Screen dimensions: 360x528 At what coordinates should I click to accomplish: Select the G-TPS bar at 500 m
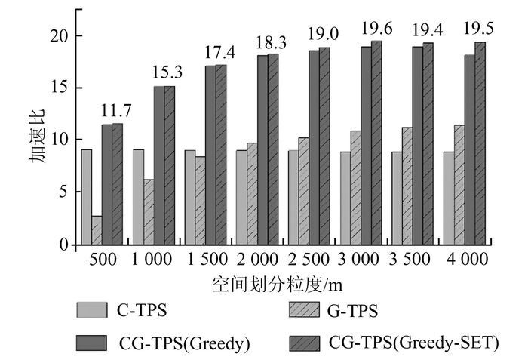pyautogui.click(x=97, y=230)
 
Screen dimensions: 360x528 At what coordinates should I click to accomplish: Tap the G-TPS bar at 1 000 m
pyautogui.click(x=149, y=212)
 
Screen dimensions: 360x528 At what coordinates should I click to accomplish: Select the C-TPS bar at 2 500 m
pyautogui.click(x=293, y=198)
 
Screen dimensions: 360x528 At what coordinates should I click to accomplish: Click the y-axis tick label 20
pyautogui.click(x=60, y=35)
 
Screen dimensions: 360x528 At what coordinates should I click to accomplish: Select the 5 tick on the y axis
pyautogui.click(x=63, y=192)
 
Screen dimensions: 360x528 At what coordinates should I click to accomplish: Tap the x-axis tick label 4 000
pyautogui.click(x=464, y=260)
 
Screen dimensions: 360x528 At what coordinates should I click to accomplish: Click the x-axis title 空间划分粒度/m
pyautogui.click(x=278, y=285)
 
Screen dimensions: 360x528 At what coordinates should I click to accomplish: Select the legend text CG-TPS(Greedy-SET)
pyautogui.click(x=414, y=343)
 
